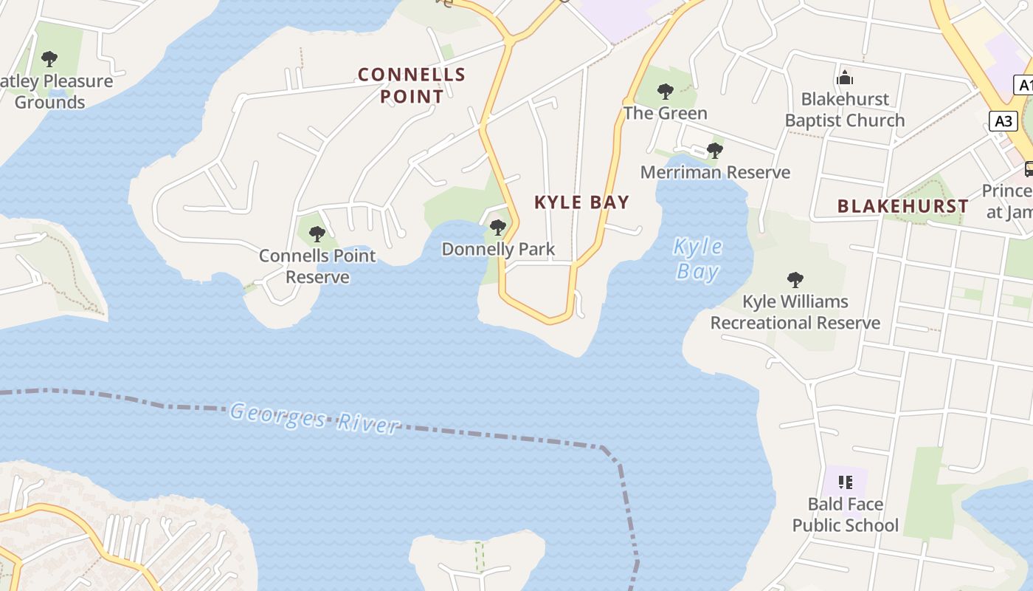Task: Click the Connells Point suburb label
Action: point(412,85)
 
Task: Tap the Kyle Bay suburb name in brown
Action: point(581,202)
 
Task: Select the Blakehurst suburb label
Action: point(902,206)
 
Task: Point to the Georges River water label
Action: point(314,418)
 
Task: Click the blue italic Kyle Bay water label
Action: point(697,259)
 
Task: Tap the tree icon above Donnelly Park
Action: point(498,227)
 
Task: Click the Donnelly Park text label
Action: point(498,249)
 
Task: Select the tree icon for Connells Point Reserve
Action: point(317,234)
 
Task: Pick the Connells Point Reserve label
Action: point(317,266)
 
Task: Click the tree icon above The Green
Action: point(666,92)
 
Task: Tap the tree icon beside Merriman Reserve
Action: point(714,151)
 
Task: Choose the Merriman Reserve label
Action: point(715,172)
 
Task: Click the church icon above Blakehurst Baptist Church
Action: point(845,78)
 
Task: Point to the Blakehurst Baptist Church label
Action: point(845,109)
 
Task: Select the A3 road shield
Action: point(1003,120)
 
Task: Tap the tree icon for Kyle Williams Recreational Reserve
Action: point(795,279)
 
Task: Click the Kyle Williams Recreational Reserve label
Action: point(795,312)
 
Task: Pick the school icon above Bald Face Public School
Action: point(846,482)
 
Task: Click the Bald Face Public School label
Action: point(846,514)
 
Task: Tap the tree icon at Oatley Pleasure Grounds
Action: point(49,58)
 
